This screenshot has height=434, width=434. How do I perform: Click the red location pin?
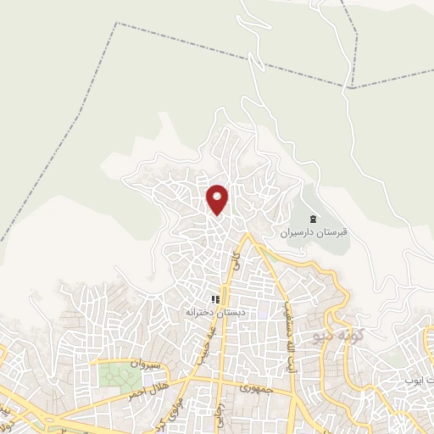click(219, 199)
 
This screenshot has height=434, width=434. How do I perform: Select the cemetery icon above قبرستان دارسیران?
click(311, 218)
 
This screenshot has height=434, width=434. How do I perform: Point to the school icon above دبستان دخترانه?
click(215, 299)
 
